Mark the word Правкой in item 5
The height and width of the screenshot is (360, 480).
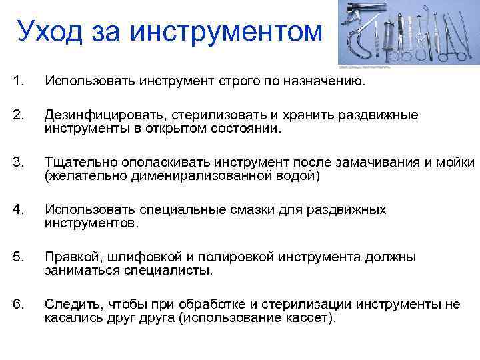[x=68, y=257]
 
